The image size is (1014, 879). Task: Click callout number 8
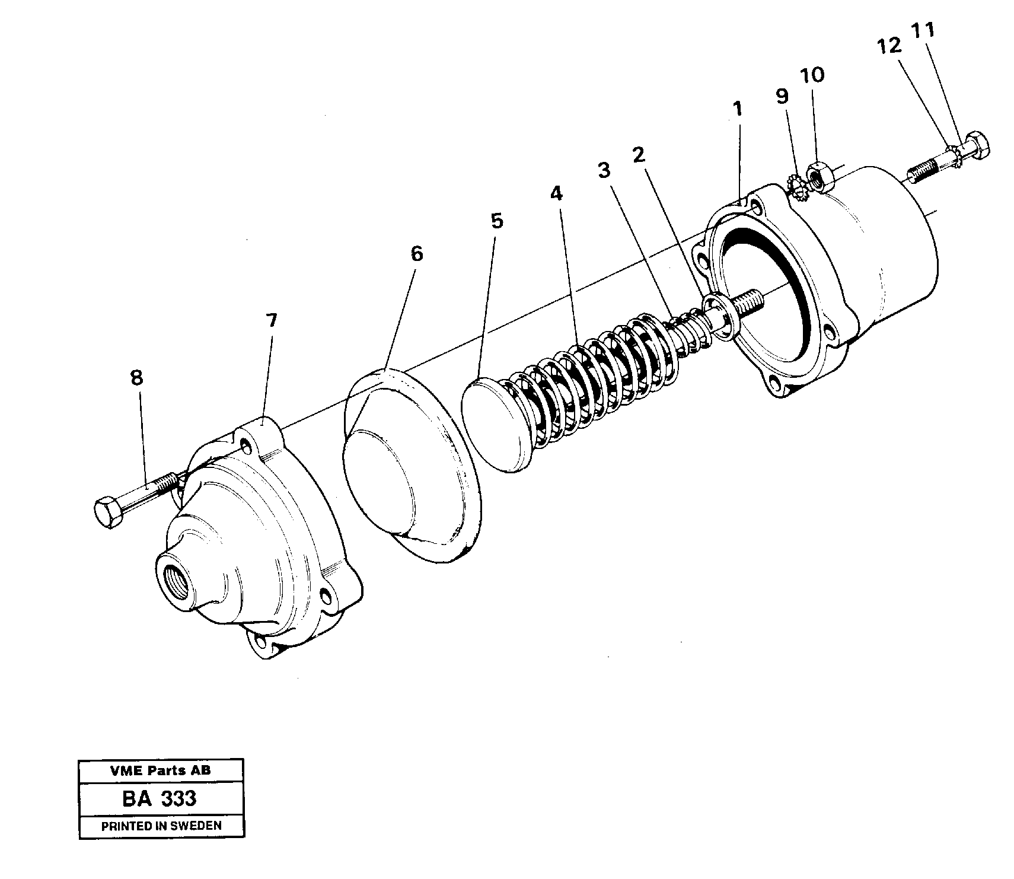pyautogui.click(x=137, y=378)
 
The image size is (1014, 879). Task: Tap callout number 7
pyautogui.click(x=271, y=321)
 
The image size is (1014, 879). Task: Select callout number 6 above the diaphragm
pyautogui.click(x=417, y=254)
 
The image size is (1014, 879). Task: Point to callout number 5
pyautogui.click(x=497, y=221)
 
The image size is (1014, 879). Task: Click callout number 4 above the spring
pyautogui.click(x=556, y=193)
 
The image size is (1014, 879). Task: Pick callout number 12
pyautogui.click(x=889, y=46)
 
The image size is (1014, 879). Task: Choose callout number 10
pyautogui.click(x=812, y=75)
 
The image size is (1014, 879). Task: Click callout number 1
pyautogui.click(x=737, y=109)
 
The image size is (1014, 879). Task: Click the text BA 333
pyautogui.click(x=160, y=798)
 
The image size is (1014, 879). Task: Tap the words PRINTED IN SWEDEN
pyautogui.click(x=161, y=826)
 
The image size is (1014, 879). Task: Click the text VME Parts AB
pyautogui.click(x=160, y=771)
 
